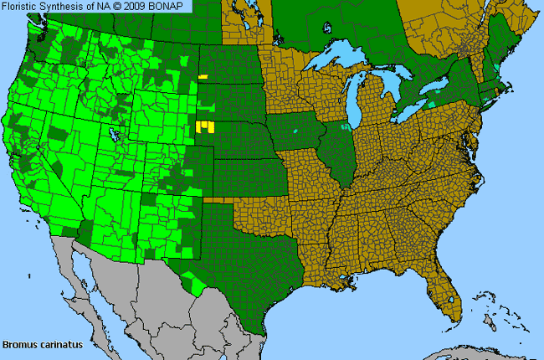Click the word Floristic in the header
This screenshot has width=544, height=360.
coord(24,6)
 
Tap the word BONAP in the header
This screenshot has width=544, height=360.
coord(172,6)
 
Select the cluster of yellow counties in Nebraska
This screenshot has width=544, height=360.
coord(203,127)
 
